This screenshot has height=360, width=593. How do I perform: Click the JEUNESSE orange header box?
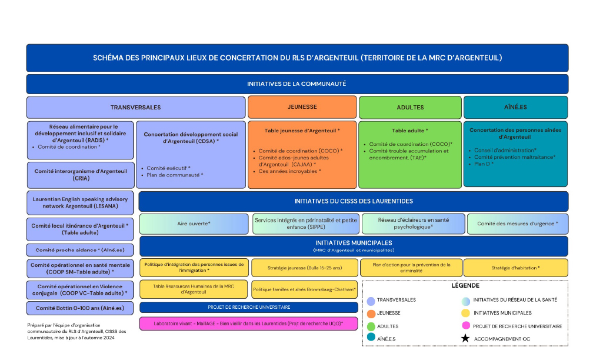(x=302, y=107)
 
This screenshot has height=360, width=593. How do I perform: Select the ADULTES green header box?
(x=410, y=108)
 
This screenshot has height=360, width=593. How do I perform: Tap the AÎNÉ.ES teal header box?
(x=515, y=107)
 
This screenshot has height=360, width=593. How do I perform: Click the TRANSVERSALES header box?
(x=135, y=108)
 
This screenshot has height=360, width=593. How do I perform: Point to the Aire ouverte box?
(x=194, y=224)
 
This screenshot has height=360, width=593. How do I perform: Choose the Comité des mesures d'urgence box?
(x=518, y=224)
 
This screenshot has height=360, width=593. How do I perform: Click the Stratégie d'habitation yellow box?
(x=515, y=268)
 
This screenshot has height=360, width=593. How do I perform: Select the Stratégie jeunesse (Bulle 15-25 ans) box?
(x=305, y=268)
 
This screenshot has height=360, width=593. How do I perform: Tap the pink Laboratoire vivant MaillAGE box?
(x=248, y=324)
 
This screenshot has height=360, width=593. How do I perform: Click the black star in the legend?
(x=465, y=339)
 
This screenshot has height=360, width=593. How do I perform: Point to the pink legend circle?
(x=465, y=326)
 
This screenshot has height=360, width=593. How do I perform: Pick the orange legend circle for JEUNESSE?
(x=371, y=313)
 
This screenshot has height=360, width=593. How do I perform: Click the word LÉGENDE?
(x=465, y=286)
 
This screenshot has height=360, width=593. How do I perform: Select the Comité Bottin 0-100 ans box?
(x=81, y=308)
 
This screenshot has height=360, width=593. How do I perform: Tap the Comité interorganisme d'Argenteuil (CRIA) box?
(x=81, y=175)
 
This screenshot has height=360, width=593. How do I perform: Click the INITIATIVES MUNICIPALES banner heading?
(x=354, y=242)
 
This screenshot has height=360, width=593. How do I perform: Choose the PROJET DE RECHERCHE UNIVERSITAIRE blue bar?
(x=248, y=307)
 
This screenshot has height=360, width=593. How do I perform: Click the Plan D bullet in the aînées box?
(x=485, y=164)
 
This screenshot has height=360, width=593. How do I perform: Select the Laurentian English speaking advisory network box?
(x=81, y=202)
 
